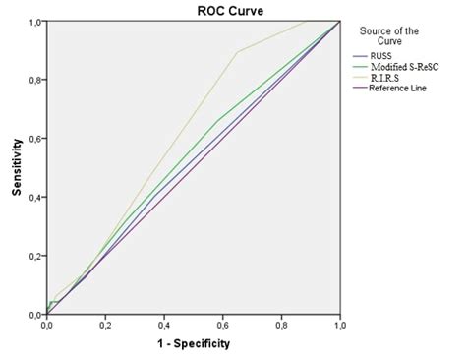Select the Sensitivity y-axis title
point(18,167)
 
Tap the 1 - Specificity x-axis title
point(193,345)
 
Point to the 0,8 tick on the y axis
point(33,79)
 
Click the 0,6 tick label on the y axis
point(33,138)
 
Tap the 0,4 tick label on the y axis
point(33,197)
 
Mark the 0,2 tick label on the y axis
point(33,256)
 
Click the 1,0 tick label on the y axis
point(33,21)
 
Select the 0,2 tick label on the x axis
point(105,325)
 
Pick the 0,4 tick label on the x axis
point(164,325)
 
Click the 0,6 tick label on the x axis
point(222,325)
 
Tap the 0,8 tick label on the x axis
point(281,325)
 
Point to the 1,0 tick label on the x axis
point(339,325)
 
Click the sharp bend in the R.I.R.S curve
point(237,52)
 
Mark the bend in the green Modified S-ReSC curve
point(217,120)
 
